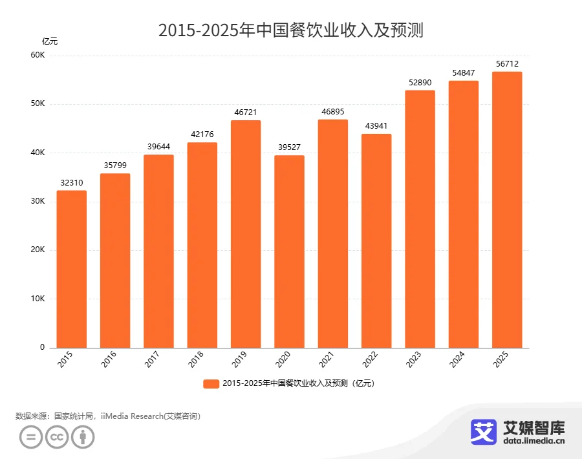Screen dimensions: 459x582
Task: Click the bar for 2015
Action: [71, 269]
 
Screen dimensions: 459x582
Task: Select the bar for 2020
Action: [289, 251]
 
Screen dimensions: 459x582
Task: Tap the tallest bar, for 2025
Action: [507, 209]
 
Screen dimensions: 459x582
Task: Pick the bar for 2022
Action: [376, 240]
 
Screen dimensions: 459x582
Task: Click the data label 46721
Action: [246, 112]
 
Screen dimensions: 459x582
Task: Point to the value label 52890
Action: [420, 82]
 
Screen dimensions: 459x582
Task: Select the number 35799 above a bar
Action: [115, 165]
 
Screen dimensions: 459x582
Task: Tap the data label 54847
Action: [464, 72]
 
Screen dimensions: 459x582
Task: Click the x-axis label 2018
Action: [196, 360]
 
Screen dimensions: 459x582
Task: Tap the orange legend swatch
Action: [211, 383]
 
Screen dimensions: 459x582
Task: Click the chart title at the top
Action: [290, 30]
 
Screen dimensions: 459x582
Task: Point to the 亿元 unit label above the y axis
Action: [50, 41]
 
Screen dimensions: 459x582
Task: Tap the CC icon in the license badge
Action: [57, 438]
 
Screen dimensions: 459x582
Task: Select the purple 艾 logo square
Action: [482, 432]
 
